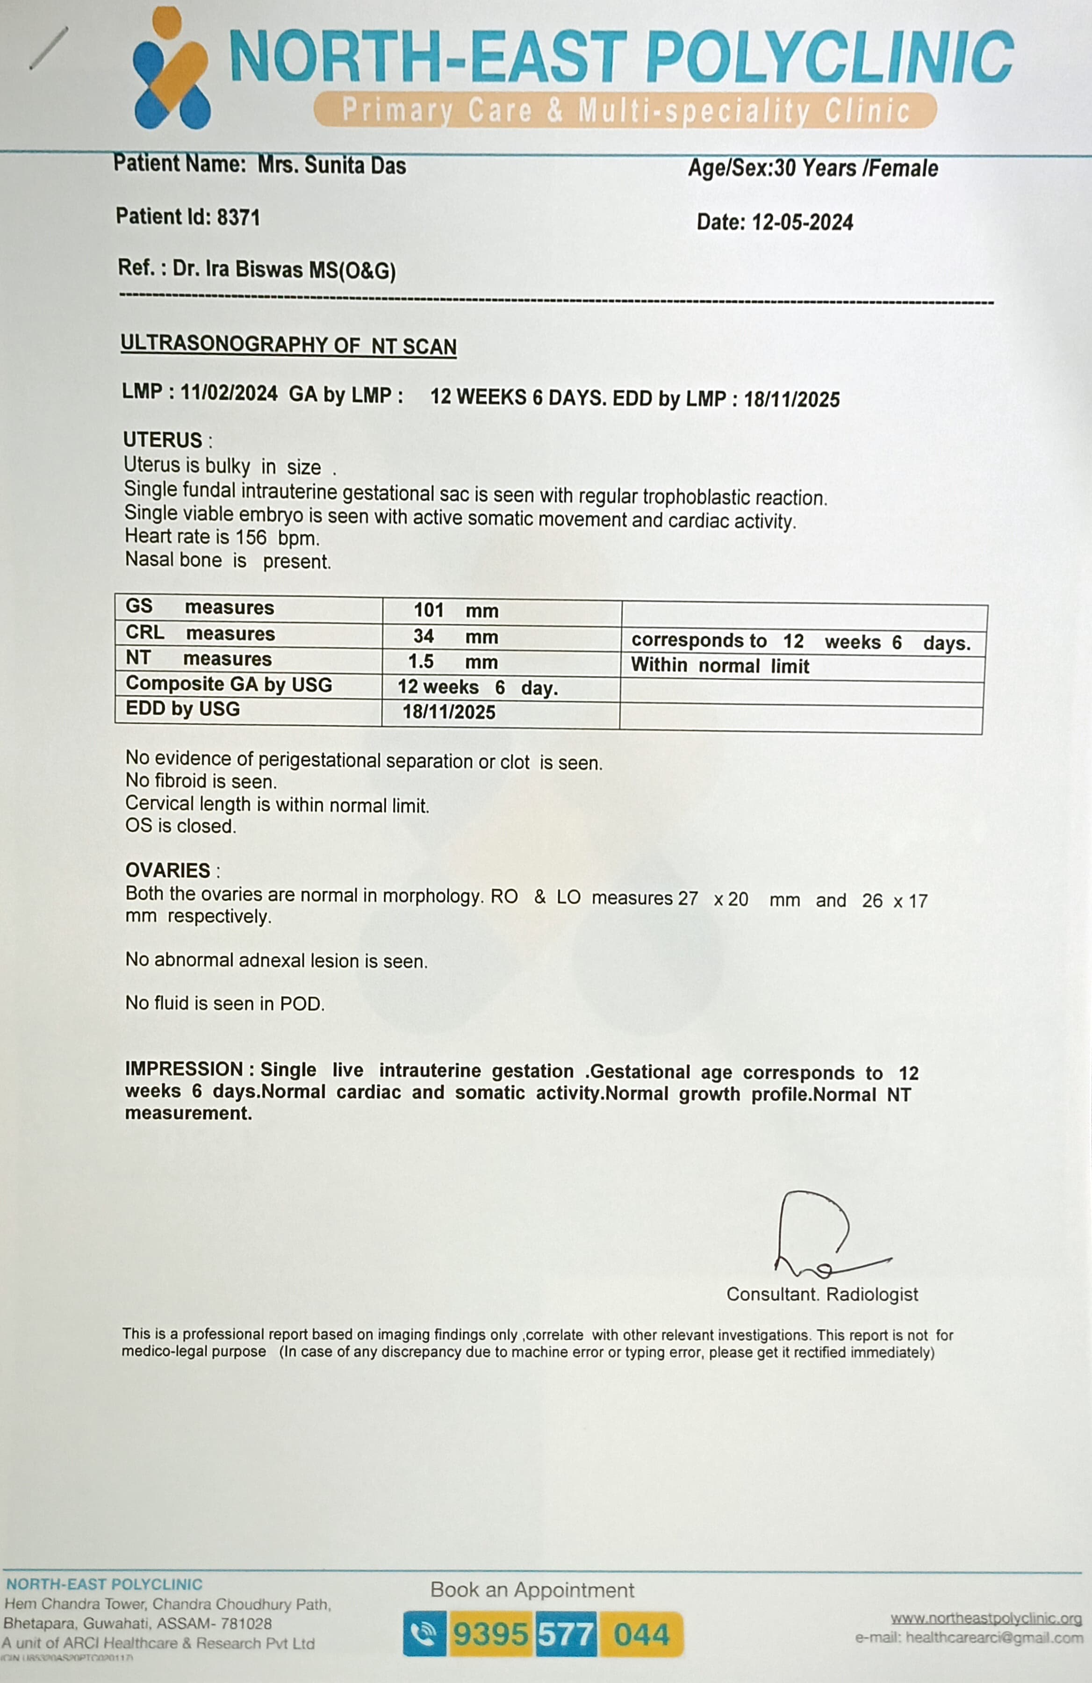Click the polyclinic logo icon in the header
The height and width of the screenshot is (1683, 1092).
[x=171, y=69]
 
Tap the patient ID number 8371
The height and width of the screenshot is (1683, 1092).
[x=238, y=217]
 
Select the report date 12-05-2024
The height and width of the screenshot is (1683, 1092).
[x=802, y=223]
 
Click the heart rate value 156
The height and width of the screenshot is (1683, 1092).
[x=251, y=538]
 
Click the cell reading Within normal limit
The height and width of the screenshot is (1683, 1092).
[x=719, y=665]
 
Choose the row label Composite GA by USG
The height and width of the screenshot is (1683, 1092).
[x=229, y=684]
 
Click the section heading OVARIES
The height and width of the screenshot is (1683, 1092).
[x=168, y=870]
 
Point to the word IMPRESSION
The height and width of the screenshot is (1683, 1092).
[x=184, y=1069]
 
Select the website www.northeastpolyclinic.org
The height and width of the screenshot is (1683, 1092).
[x=985, y=1618]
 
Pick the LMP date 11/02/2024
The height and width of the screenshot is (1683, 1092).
[x=229, y=393]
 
